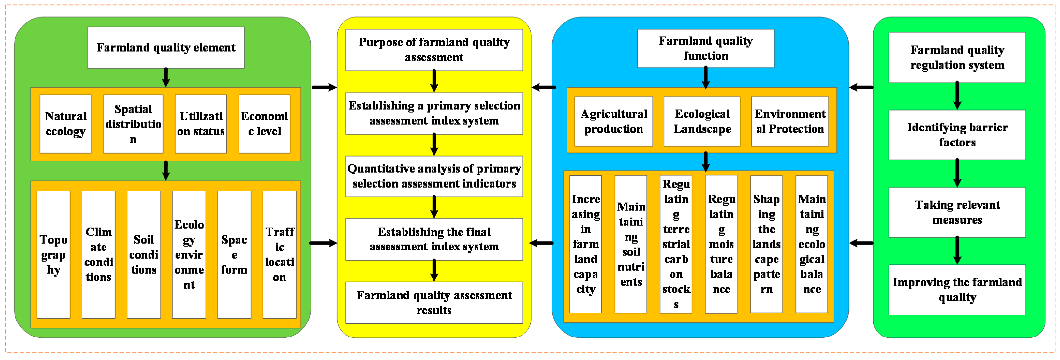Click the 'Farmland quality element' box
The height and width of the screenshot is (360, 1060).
[166, 48]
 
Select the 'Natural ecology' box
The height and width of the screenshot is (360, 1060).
[65, 124]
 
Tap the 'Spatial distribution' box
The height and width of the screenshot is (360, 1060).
[133, 124]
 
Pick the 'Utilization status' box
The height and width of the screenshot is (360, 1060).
[201, 124]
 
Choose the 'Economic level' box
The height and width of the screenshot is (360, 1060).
[264, 124]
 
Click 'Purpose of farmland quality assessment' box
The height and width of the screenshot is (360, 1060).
[434, 50]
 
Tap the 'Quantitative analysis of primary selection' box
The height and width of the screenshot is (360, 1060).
[434, 176]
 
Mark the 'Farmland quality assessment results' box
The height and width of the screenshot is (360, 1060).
[434, 303]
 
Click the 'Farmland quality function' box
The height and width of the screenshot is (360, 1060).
[706, 48]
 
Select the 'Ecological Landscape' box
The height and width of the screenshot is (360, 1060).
[702, 121]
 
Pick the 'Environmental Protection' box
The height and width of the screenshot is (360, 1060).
[790, 121]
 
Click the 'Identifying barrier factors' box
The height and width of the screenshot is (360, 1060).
[957, 135]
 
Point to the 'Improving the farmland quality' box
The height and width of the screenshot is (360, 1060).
[957, 290]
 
